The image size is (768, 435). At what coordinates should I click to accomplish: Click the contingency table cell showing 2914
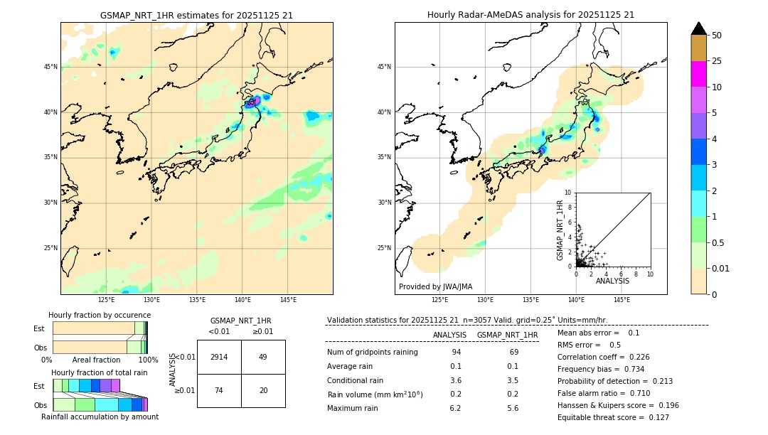click(219, 357)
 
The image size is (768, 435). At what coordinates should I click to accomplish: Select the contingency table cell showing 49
click(263, 357)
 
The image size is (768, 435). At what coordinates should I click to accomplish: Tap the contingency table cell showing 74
click(219, 391)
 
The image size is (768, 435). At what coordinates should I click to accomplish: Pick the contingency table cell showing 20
click(263, 391)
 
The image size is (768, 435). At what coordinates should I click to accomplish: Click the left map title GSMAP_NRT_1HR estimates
click(196, 15)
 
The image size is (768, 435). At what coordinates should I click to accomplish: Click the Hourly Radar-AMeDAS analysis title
click(530, 15)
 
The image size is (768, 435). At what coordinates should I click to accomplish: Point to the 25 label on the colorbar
click(717, 61)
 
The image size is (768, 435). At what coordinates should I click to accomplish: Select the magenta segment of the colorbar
click(698, 74)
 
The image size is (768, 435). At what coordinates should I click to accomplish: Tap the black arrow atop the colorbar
click(698, 28)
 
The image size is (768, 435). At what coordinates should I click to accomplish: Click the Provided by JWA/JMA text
click(435, 287)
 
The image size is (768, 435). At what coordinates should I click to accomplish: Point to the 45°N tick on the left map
click(50, 67)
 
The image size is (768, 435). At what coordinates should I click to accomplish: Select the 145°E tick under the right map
click(622, 300)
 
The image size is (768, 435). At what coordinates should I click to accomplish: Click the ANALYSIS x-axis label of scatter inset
click(612, 281)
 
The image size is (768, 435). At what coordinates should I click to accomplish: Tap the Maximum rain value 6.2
click(455, 409)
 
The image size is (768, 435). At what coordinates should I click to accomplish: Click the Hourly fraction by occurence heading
click(100, 315)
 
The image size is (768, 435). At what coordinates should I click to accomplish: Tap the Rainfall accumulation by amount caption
click(100, 417)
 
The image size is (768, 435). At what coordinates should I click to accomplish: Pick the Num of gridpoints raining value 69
click(513, 353)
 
